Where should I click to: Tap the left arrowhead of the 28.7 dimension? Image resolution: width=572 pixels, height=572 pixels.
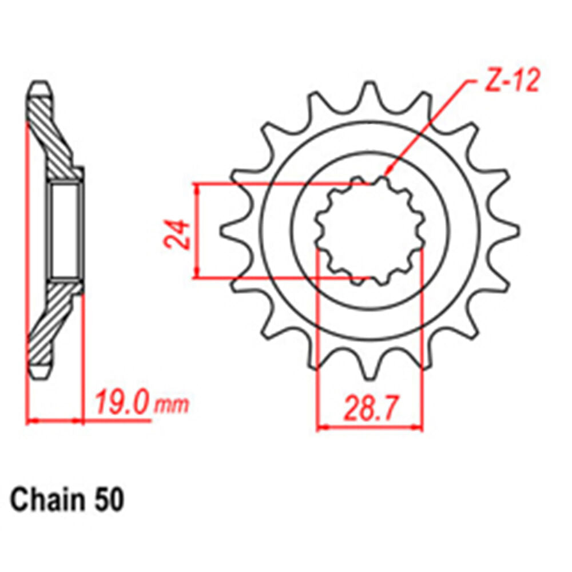coord(321,427)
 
